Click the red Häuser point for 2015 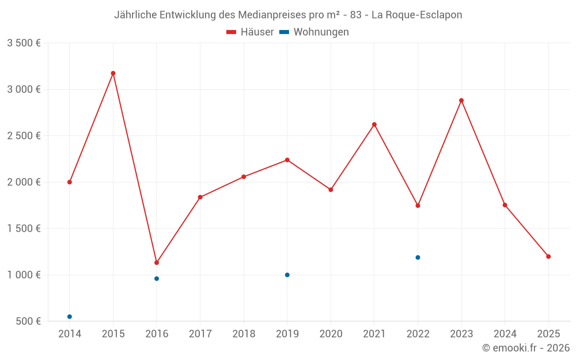point(113,73)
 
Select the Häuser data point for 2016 point(157,263)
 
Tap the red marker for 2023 point(461,100)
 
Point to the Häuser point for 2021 point(374,124)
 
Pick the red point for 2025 point(548,256)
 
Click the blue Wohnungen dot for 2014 point(70,317)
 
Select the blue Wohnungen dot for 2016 point(157,279)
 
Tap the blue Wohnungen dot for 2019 point(287,275)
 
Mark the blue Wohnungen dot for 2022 point(418,257)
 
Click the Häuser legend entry point(250,32)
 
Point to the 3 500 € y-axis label point(24,43)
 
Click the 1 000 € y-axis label point(24,275)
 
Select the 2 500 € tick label point(24,136)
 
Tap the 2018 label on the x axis point(244,334)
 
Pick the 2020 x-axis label point(331,334)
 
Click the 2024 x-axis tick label point(505,334)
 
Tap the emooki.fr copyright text point(526,348)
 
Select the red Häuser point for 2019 point(287,160)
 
